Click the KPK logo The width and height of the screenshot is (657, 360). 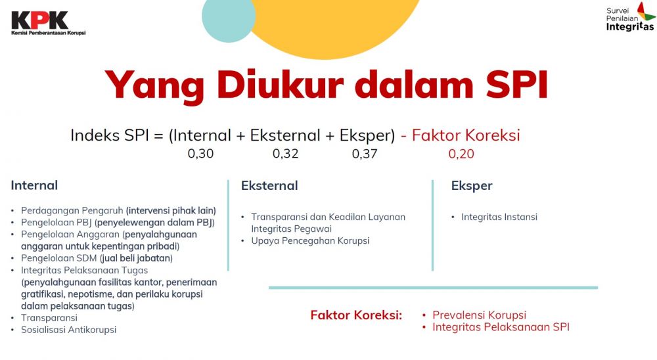point(48,24)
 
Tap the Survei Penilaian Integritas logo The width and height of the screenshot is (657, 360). point(631,17)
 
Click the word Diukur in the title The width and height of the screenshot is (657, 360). point(280,85)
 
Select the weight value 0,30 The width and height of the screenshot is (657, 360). point(200,154)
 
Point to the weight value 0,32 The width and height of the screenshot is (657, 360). point(285,154)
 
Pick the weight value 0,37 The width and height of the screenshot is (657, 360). point(365,154)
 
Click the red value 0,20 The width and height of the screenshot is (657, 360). point(461,154)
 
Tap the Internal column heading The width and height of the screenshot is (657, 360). point(34,185)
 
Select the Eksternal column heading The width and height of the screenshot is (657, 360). point(269,185)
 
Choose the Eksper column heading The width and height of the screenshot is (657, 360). point(472,186)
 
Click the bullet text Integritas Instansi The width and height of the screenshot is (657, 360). point(499,217)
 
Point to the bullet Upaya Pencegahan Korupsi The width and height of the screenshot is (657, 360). point(310,241)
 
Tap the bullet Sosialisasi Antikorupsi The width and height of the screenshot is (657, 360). point(69,330)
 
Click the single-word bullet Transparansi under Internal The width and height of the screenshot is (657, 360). point(49,318)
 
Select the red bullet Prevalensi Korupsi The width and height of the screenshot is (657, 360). point(480,315)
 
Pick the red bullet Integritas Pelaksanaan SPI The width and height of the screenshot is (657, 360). point(501,327)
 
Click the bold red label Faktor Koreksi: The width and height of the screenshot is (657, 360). point(356,315)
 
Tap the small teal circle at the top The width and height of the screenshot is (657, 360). point(229,16)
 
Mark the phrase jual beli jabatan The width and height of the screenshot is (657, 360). point(136,258)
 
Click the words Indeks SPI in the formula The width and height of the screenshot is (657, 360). point(109,135)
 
